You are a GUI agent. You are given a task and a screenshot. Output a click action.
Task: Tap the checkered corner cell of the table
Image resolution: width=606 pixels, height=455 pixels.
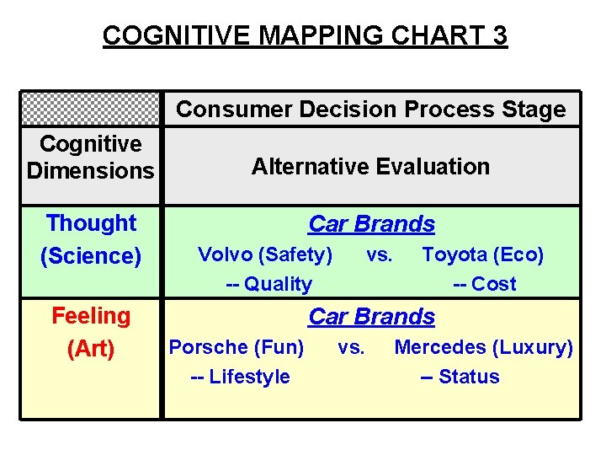(90, 109)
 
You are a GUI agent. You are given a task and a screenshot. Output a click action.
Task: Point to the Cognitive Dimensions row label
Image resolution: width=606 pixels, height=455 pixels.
(91, 157)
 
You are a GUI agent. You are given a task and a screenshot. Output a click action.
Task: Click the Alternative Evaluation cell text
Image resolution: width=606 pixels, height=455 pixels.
(370, 166)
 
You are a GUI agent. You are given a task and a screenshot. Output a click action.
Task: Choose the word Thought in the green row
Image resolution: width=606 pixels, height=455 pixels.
(91, 223)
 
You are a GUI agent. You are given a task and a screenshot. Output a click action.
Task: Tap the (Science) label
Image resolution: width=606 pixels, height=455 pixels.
(91, 255)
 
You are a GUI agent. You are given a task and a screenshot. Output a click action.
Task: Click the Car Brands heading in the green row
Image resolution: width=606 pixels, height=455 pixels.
(371, 224)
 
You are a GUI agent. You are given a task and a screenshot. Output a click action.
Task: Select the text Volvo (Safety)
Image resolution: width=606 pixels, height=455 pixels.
(264, 254)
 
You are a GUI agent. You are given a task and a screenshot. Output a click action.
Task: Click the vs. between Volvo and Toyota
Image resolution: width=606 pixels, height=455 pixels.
(379, 254)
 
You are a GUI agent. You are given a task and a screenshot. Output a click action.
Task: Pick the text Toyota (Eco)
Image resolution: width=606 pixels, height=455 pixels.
(482, 254)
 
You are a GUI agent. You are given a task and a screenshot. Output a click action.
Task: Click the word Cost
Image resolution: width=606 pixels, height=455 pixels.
(494, 284)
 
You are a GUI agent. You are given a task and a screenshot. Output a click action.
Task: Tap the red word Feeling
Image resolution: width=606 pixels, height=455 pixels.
(91, 317)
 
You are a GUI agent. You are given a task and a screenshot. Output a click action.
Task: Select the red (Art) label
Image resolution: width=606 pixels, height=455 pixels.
(91, 348)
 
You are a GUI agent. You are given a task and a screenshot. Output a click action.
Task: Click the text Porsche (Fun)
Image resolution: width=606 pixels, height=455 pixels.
(237, 347)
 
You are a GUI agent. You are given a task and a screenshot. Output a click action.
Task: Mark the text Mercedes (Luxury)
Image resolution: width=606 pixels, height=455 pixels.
(483, 347)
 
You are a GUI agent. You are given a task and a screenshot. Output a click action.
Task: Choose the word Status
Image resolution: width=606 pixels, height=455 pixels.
(469, 377)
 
